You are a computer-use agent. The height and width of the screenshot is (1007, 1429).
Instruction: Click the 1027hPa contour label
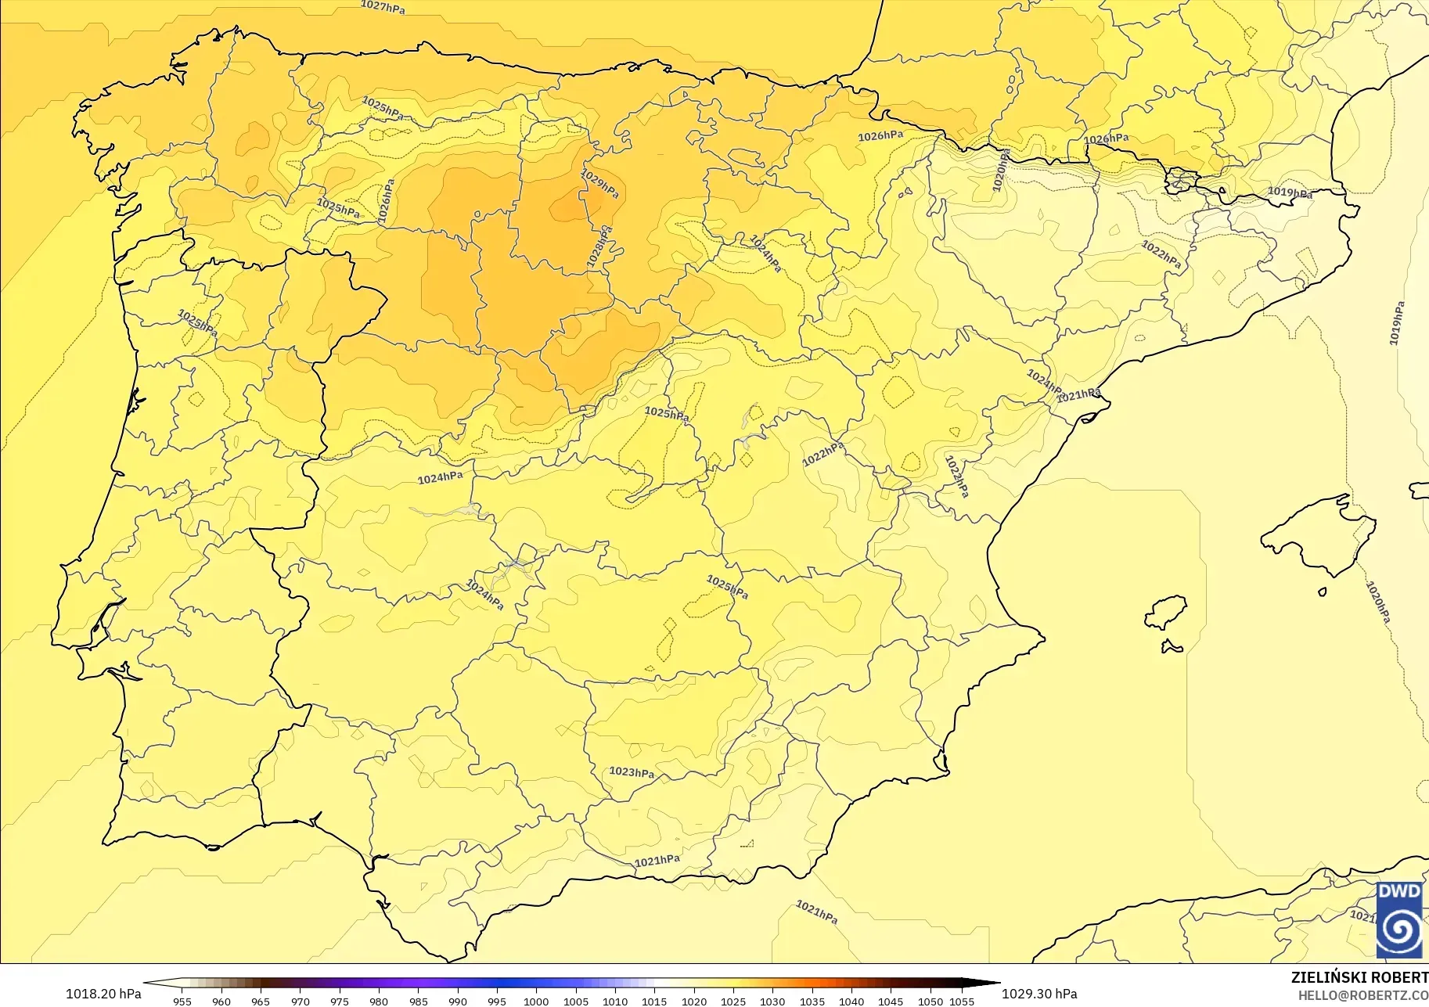click(x=383, y=6)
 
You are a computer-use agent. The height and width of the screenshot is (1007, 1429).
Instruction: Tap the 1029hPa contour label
click(x=600, y=184)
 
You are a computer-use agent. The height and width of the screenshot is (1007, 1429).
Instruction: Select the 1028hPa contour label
click(x=599, y=247)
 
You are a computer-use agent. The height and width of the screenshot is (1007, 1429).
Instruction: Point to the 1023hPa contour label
click(x=632, y=772)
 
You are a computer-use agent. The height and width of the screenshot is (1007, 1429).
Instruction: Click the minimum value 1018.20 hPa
click(x=103, y=994)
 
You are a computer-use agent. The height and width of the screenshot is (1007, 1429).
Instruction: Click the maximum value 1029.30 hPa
click(x=1039, y=994)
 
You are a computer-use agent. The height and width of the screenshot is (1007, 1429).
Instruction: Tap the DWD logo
click(x=1399, y=920)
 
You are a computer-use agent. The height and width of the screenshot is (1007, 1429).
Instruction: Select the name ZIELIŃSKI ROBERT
click(x=1359, y=978)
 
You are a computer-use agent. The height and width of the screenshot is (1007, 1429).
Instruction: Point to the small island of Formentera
click(x=1172, y=646)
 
